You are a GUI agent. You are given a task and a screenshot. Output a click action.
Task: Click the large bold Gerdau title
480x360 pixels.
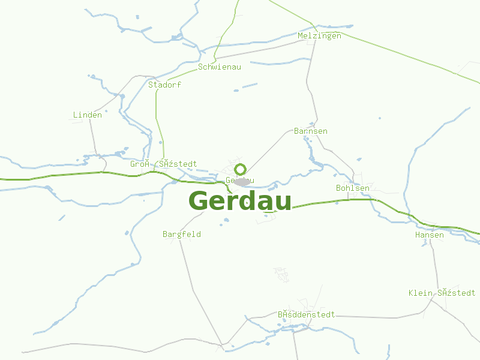240,201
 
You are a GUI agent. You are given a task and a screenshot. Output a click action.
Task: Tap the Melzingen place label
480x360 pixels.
319,35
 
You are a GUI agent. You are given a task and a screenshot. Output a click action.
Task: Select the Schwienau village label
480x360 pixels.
220,67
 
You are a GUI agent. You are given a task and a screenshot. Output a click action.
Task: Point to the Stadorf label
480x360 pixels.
164,85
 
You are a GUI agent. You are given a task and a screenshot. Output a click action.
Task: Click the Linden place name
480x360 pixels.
88,115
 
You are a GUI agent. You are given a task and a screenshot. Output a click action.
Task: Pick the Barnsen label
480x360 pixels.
311,131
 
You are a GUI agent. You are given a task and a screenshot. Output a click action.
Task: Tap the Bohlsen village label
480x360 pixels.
353,188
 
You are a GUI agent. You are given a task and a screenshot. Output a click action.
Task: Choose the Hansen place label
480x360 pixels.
430,235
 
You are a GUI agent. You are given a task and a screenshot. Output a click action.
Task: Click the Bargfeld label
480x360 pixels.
182,234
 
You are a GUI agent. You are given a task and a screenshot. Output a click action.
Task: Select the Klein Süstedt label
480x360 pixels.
442,293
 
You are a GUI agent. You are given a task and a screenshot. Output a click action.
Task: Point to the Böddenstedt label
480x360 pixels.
306,314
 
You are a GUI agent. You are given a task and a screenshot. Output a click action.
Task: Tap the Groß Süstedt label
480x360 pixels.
163,164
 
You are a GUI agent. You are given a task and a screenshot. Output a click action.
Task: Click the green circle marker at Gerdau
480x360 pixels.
240,169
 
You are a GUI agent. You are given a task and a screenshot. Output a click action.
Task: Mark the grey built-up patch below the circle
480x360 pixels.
242,181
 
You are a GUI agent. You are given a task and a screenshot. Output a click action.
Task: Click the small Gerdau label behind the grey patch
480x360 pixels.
239,181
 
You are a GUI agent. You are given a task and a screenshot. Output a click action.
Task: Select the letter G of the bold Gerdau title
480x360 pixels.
200,201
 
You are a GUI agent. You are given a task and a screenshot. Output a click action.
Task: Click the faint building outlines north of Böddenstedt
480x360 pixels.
281,274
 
